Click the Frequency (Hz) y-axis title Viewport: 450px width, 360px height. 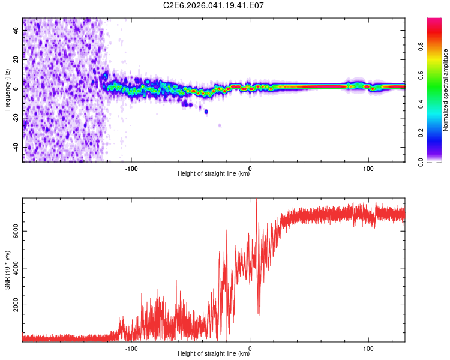(7, 89)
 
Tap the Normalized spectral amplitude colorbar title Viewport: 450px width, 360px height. (445, 90)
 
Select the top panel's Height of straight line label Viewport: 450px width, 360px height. (214, 174)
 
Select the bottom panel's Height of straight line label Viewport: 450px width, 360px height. (214, 354)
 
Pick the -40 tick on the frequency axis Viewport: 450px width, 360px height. (16, 148)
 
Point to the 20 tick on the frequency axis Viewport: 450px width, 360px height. (16, 59)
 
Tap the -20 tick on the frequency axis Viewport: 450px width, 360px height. (16, 118)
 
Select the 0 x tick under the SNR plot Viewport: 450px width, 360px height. (250, 347)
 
